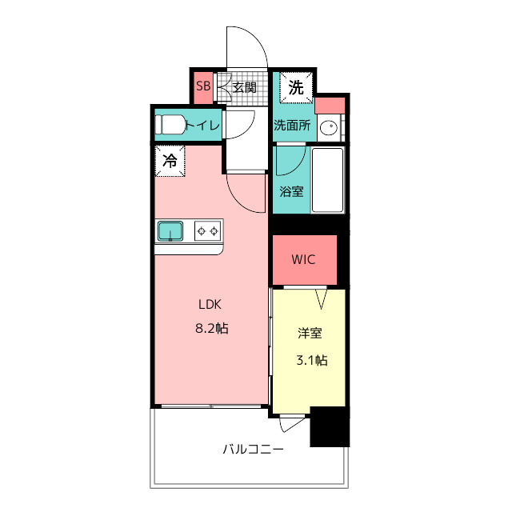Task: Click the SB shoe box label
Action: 203,86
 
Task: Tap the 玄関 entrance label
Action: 245,87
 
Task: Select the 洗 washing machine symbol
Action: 296,87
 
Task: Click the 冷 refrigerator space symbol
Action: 170,161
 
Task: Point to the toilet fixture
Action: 170,125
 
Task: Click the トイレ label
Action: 202,125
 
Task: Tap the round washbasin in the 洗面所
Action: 329,127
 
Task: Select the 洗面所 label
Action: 292,125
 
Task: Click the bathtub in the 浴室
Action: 327,180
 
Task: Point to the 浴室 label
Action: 291,191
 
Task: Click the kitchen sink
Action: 170,231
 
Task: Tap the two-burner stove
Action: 207,231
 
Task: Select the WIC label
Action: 303,259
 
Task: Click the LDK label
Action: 210,304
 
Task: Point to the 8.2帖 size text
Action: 211,328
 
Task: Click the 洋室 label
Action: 310,334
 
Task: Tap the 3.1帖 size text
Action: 312,360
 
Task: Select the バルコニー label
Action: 254,450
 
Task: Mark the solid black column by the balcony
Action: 330,426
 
